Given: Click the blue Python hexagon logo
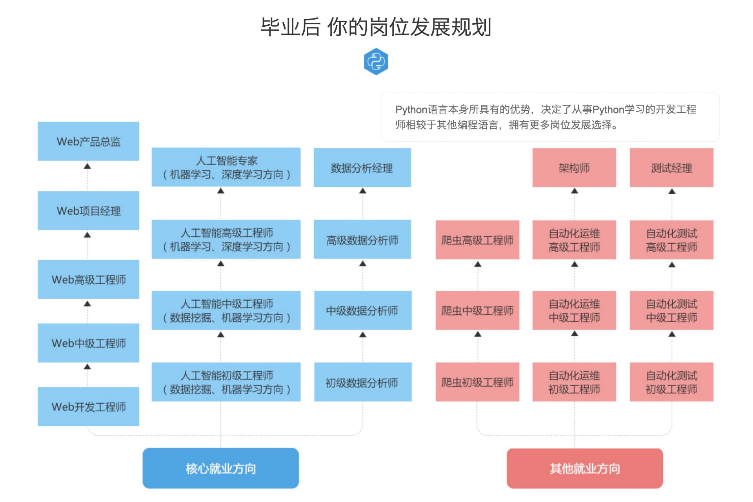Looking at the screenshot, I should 376,62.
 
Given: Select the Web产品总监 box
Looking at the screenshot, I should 88,141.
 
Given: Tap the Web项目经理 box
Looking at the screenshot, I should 88,211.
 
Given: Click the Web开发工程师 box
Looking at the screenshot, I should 88,407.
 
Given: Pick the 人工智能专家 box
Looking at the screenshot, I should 226,167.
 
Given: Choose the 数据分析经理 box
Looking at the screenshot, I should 362,168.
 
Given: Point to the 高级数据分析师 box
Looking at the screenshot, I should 362,239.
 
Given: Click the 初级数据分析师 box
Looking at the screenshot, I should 362,382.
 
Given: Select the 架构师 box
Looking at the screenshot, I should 574,168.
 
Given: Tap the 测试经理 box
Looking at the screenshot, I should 671,168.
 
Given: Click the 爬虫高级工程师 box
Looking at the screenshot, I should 477,240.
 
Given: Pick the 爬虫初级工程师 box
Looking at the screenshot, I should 477,382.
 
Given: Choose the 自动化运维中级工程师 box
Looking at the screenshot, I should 574,310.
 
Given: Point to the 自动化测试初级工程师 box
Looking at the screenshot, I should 671,382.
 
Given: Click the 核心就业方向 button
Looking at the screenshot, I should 220,468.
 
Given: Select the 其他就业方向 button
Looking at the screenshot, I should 584,468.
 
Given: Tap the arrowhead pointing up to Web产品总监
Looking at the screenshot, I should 87,166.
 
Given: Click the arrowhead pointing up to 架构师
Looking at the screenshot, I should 574,191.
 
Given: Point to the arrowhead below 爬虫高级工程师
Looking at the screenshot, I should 478,264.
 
